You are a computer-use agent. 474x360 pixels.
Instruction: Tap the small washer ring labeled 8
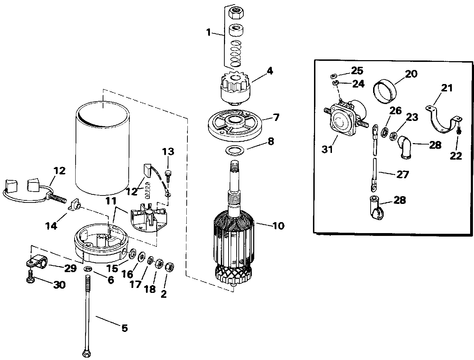point(235,150)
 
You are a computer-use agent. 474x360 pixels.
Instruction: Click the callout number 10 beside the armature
point(278,226)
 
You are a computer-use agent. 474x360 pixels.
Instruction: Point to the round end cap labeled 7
point(235,125)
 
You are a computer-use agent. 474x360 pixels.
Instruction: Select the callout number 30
point(59,285)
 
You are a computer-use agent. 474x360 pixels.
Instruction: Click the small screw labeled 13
point(168,177)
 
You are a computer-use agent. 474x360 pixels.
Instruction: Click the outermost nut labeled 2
point(169,267)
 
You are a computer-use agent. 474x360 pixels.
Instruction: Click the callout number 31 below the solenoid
point(327,149)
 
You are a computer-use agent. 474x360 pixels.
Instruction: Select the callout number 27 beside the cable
point(403,174)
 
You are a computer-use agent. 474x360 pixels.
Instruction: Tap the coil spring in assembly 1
point(235,53)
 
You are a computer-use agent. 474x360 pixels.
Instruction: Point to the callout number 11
point(111,201)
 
